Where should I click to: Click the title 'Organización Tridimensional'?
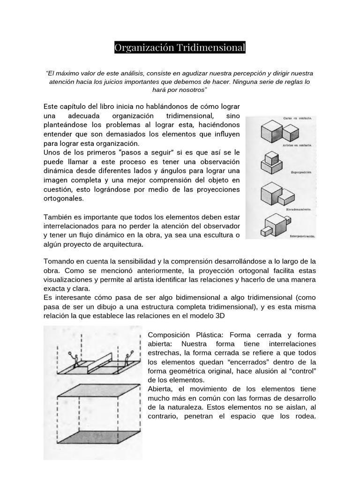180,48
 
